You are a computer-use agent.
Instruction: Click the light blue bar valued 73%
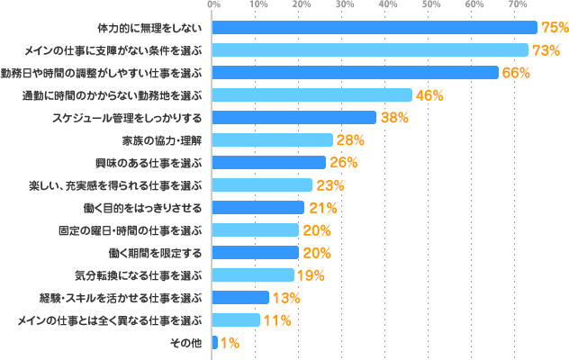coord(369,50)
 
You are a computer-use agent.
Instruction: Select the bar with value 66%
coord(355,73)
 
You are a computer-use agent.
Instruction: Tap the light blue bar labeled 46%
coord(312,95)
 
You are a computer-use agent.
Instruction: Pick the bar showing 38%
coord(294,118)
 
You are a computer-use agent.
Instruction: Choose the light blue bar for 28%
coord(272,140)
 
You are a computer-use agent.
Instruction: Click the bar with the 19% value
coord(252,275)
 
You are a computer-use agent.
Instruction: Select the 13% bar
coord(239,298)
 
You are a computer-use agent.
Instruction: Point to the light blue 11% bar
coord(235,320)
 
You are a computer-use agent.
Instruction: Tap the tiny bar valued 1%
coord(214,343)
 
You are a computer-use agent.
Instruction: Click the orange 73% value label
coord(546,50)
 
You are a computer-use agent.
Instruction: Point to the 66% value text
coord(515,73)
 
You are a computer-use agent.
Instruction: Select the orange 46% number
coord(429,95)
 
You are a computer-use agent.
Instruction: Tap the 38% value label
coord(394,118)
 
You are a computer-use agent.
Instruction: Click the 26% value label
coord(343,163)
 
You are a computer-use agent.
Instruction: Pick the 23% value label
coord(330,185)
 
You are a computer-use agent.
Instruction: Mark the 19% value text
coord(311,275)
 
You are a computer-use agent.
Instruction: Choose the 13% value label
coord(285,298)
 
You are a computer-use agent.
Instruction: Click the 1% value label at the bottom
coord(229,343)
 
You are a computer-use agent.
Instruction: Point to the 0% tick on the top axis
coord(213,5)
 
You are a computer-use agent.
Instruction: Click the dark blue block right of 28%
coord(379,139)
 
